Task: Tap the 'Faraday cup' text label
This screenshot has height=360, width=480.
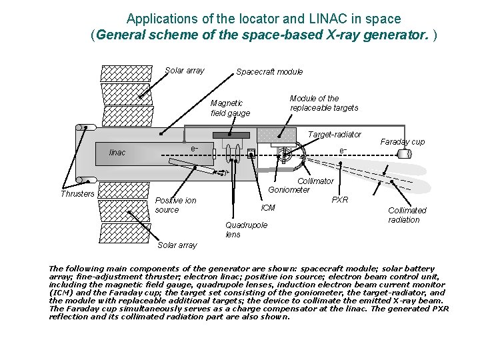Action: tap(402, 142)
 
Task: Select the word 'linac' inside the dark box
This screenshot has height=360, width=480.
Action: tap(117, 153)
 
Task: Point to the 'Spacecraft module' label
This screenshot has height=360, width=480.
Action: tap(269, 71)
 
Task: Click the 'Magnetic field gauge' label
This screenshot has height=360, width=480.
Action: tap(230, 108)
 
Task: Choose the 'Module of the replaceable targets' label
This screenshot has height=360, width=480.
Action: tap(323, 103)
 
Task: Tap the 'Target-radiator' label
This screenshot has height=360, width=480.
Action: tap(334, 135)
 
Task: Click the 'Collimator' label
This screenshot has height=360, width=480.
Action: tap(315, 181)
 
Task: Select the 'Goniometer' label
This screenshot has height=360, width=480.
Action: tap(289, 189)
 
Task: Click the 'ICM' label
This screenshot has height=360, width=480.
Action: tap(268, 208)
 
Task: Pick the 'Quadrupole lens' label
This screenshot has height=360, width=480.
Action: tap(246, 229)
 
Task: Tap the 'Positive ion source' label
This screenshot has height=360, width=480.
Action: tap(175, 205)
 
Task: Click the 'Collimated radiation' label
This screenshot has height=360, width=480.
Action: tap(407, 215)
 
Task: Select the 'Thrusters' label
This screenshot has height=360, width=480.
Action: tap(77, 194)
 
